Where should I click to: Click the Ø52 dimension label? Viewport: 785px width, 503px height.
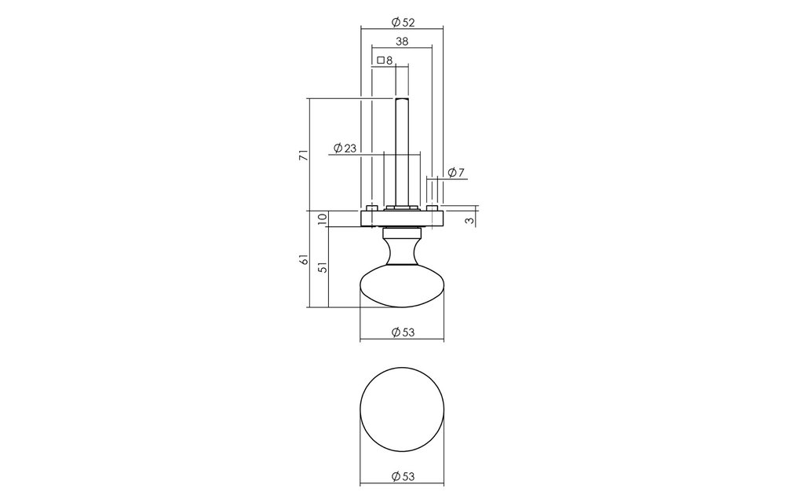(403, 22)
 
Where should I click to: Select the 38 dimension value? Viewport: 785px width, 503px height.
(402, 42)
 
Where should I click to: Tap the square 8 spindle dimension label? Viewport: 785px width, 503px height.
(385, 61)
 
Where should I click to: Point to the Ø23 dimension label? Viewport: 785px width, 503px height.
(345, 148)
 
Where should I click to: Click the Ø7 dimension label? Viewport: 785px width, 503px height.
(456, 173)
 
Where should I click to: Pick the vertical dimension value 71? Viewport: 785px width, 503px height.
(303, 155)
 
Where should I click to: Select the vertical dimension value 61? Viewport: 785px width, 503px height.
(303, 259)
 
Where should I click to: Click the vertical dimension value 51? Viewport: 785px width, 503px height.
(323, 267)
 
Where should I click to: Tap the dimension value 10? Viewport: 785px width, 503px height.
(323, 218)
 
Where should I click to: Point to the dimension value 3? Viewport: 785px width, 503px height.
(469, 219)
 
